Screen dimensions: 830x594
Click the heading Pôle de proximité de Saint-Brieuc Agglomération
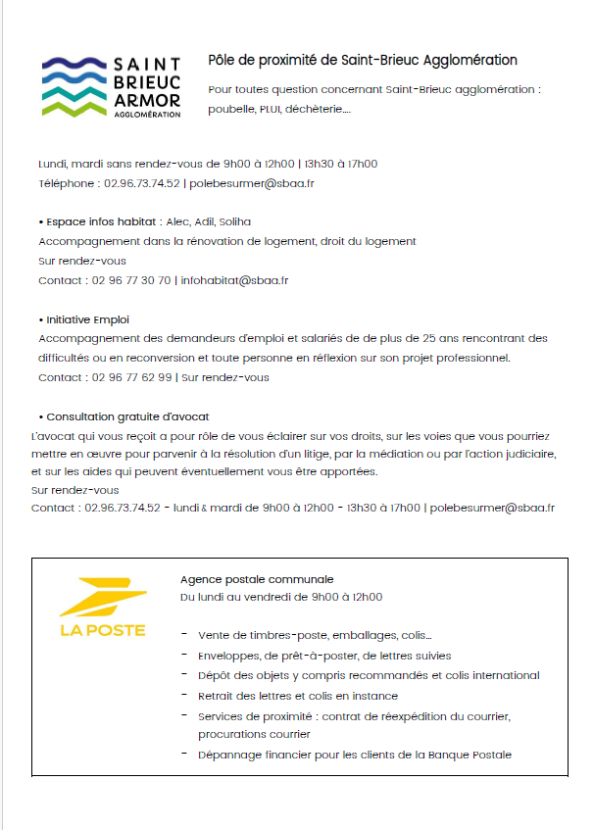[363, 61]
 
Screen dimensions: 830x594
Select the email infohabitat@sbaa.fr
[235, 280]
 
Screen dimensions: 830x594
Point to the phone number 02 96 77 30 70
[130, 280]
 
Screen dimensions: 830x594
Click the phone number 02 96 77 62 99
[130, 377]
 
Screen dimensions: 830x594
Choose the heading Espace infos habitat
[101, 221]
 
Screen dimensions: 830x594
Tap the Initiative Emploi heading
[87, 319]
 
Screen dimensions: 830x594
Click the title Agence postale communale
[257, 579]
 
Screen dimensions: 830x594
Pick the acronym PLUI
[270, 109]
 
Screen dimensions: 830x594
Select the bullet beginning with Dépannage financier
[354, 755]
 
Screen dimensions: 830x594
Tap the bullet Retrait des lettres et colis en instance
[297, 696]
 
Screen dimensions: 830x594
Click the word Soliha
[235, 221]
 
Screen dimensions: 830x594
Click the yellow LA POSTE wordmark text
[102, 630]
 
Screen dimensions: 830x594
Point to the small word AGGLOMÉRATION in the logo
[148, 115]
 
